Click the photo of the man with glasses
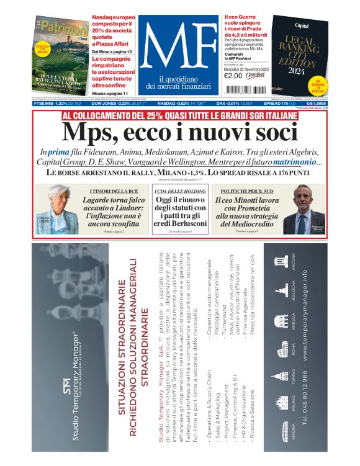(308, 212)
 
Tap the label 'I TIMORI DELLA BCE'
(113, 190)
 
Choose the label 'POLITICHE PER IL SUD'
(245, 190)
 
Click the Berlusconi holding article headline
(180, 210)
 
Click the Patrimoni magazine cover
(61, 56)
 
